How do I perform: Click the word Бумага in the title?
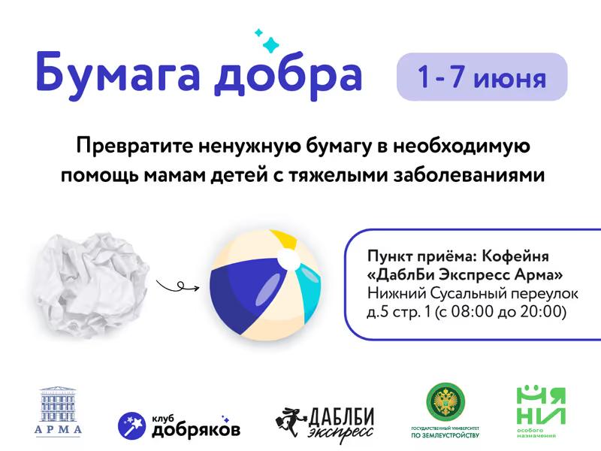[x=118, y=73]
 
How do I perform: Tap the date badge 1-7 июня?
[x=482, y=77]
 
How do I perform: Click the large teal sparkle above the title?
[x=271, y=44]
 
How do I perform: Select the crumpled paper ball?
[x=92, y=285]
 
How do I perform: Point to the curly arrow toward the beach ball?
[x=177, y=286]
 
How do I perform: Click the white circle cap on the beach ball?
[x=288, y=259]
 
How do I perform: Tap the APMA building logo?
[x=59, y=410]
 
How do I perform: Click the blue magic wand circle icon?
[x=132, y=425]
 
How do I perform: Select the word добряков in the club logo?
[x=196, y=430]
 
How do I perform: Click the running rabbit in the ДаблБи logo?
[x=290, y=421]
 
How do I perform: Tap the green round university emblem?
[x=445, y=402]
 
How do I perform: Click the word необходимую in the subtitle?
[x=461, y=147]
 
